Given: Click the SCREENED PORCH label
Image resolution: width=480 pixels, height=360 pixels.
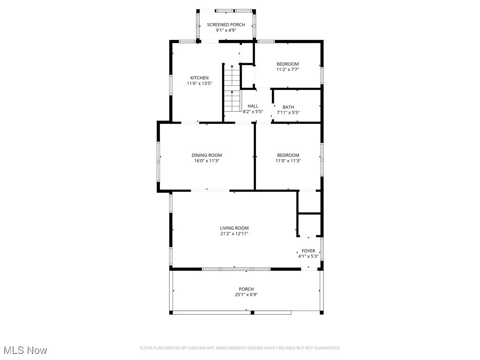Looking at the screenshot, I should tap(225, 24).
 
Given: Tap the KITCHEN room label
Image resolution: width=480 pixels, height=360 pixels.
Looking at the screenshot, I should tap(199, 78).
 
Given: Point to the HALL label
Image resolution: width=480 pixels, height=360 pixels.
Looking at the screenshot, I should tap(253, 106).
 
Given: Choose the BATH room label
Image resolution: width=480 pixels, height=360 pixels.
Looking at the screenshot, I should tap(288, 107).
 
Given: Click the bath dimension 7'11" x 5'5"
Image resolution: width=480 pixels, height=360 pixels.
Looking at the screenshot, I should tap(288, 112).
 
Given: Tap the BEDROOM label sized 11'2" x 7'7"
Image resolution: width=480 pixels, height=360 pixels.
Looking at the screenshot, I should tap(287, 64).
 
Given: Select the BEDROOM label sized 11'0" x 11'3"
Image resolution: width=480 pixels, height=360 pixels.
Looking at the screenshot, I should tap(287, 155).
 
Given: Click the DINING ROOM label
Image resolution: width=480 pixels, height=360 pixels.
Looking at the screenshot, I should tap(207, 155).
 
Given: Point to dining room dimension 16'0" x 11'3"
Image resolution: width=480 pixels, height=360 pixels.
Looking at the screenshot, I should tap(207, 161).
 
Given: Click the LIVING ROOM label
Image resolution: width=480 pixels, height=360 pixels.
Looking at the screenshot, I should tap(234, 228).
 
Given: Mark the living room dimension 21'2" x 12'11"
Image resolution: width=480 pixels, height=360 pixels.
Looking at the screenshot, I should tap(234, 233).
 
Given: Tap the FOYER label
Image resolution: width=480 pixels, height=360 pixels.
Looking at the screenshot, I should tap(308, 251).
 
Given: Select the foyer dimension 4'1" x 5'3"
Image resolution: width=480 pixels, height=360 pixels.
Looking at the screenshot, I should tap(308, 256).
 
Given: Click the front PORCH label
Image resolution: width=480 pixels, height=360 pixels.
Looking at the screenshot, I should tap(246, 289).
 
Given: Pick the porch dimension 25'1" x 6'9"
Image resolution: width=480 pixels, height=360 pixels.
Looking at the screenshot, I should tap(246, 295).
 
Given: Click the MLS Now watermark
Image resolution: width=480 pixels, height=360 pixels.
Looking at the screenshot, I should tap(25, 350).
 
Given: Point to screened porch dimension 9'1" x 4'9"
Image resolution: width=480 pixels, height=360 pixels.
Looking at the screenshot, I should tap(225, 30).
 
